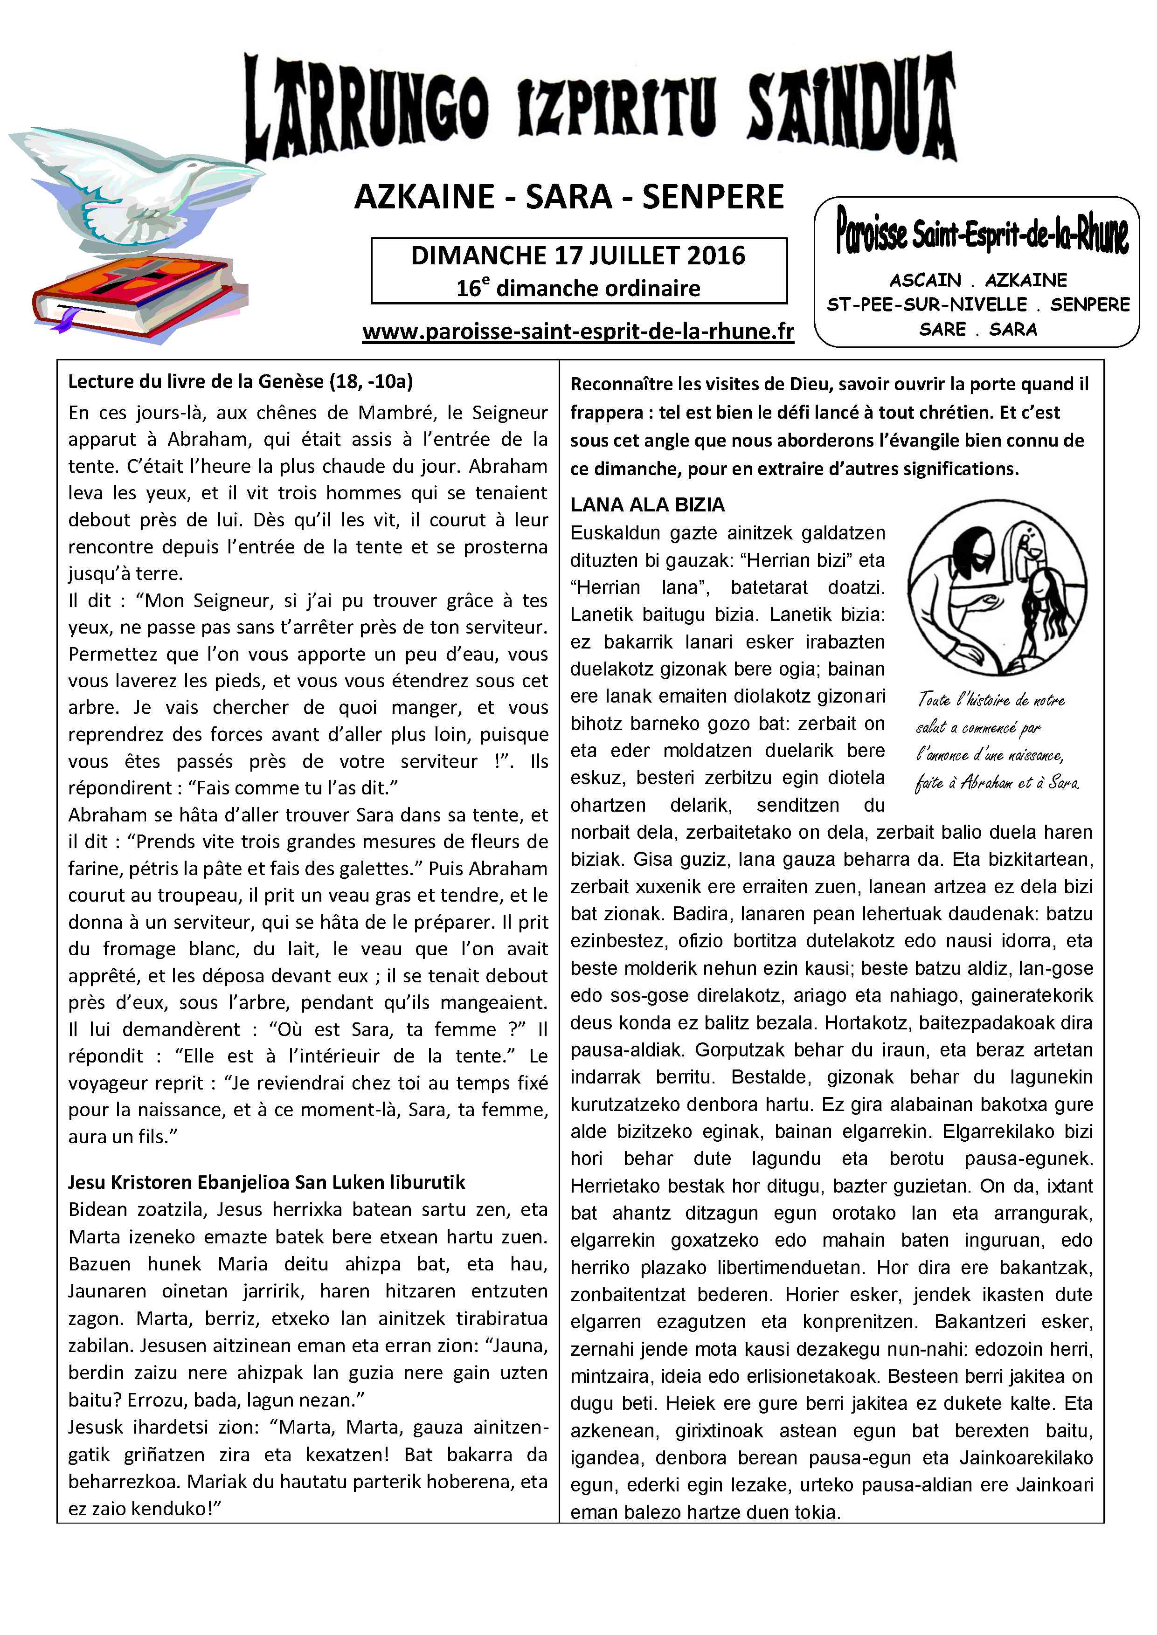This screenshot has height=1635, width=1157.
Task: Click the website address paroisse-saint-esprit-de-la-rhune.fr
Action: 578,332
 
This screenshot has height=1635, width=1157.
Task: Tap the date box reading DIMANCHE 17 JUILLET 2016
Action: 578,255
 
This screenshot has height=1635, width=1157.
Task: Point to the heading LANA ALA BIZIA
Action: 647,505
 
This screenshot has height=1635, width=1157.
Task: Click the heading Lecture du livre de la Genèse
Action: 240,382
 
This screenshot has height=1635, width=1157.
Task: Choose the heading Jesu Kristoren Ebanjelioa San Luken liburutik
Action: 266,1182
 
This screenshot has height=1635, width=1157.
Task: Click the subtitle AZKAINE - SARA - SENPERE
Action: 568,197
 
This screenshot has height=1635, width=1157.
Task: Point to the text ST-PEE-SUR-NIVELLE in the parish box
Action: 926,305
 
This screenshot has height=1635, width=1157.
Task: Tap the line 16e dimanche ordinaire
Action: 578,288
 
